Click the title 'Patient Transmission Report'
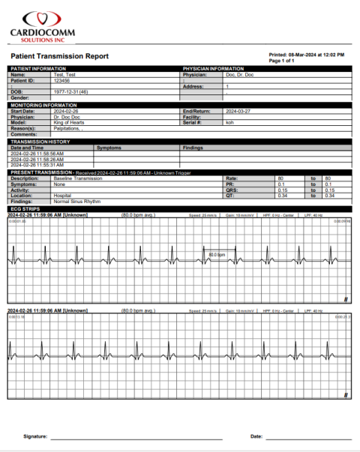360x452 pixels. (x=59, y=56)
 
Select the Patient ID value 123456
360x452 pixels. (x=64, y=80)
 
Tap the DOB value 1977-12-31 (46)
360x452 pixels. (x=70, y=91)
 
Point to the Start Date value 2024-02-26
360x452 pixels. (x=66, y=111)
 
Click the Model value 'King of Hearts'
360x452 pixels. (x=68, y=122)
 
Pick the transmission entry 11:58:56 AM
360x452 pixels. (x=37, y=154)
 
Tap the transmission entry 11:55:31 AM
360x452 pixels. (x=37, y=165)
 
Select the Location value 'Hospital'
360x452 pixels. (x=63, y=196)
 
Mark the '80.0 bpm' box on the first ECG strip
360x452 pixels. (x=217, y=255)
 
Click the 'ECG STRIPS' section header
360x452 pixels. (x=26, y=208)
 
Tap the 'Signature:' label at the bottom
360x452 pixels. (x=35, y=436)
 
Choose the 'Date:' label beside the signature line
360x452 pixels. (x=256, y=436)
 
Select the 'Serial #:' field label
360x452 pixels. (x=192, y=122)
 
